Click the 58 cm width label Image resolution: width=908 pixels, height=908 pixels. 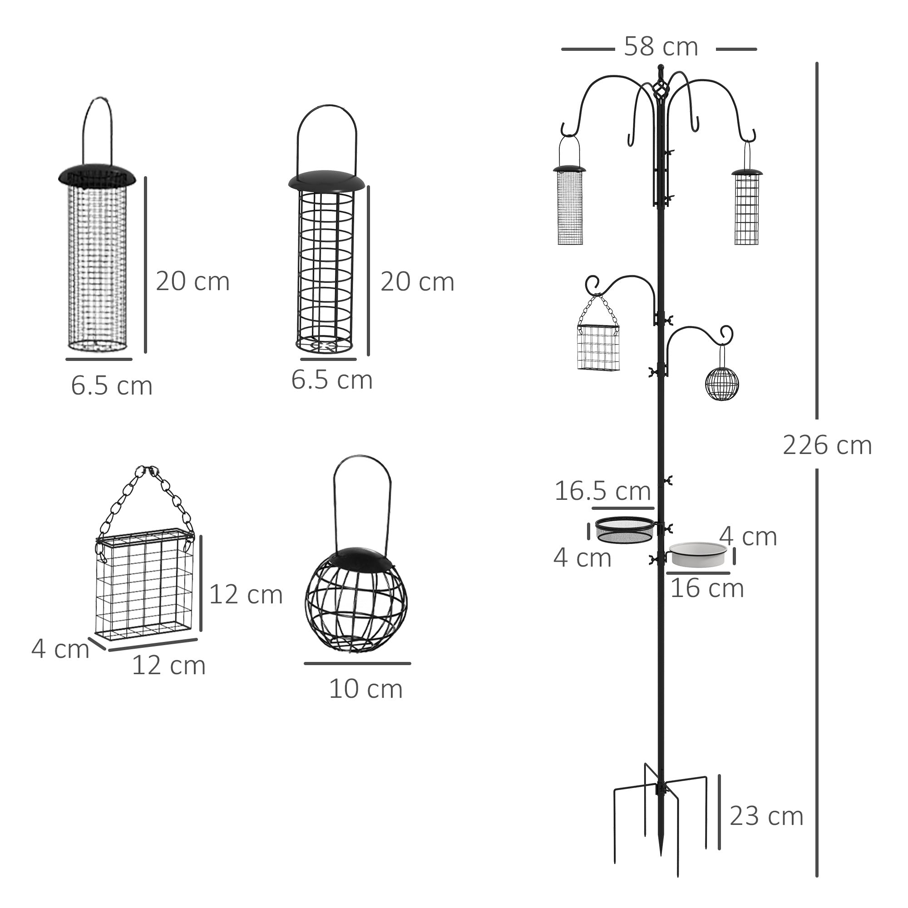660,47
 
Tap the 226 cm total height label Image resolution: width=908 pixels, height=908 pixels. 827,445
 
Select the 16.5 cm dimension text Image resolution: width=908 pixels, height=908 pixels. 602,491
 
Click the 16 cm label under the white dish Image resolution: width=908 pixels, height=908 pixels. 707,588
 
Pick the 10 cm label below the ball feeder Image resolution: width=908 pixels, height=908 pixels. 365,689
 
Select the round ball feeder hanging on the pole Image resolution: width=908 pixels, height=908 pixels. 722,384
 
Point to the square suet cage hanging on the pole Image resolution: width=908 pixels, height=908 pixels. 598,347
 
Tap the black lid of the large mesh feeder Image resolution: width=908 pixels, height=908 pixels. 97,176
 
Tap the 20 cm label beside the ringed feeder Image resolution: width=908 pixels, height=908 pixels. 417,282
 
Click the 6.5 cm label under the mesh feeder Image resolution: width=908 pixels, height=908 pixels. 111,386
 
